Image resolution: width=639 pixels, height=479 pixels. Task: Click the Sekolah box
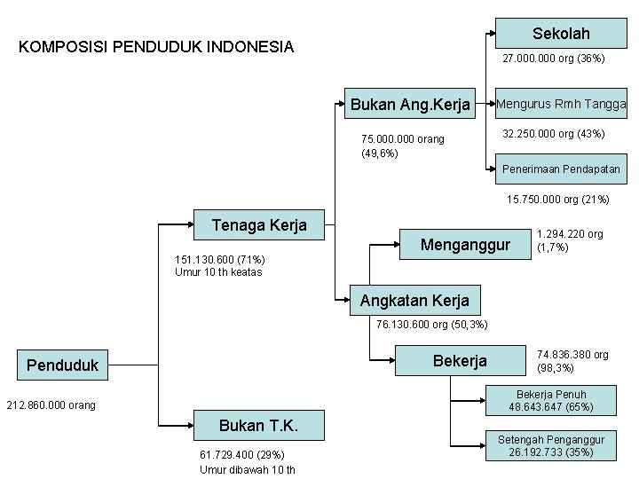(x=561, y=34)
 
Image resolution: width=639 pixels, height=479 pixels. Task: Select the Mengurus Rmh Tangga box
(x=561, y=104)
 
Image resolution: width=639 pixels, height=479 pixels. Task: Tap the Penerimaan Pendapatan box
(x=561, y=169)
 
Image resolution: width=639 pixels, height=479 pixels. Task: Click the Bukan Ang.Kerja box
(x=410, y=105)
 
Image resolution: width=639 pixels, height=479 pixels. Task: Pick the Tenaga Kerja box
(x=259, y=225)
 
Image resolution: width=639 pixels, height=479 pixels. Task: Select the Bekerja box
(x=460, y=361)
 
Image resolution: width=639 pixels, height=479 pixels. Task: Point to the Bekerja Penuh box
(x=551, y=401)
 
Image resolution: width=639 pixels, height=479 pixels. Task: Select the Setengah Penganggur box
(x=551, y=446)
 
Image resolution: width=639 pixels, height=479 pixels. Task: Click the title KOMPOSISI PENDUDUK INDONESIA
(x=156, y=47)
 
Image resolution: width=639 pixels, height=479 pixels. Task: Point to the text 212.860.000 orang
(x=50, y=406)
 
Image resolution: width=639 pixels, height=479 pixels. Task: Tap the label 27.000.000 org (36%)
(x=553, y=59)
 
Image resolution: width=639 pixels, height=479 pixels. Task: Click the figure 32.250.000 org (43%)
(x=553, y=133)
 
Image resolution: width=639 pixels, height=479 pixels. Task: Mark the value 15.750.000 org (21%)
(x=557, y=200)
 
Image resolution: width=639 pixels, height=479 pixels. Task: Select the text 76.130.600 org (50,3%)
(x=431, y=325)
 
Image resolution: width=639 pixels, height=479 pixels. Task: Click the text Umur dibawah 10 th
(x=248, y=470)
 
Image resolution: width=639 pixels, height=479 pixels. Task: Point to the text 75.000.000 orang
(x=403, y=140)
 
